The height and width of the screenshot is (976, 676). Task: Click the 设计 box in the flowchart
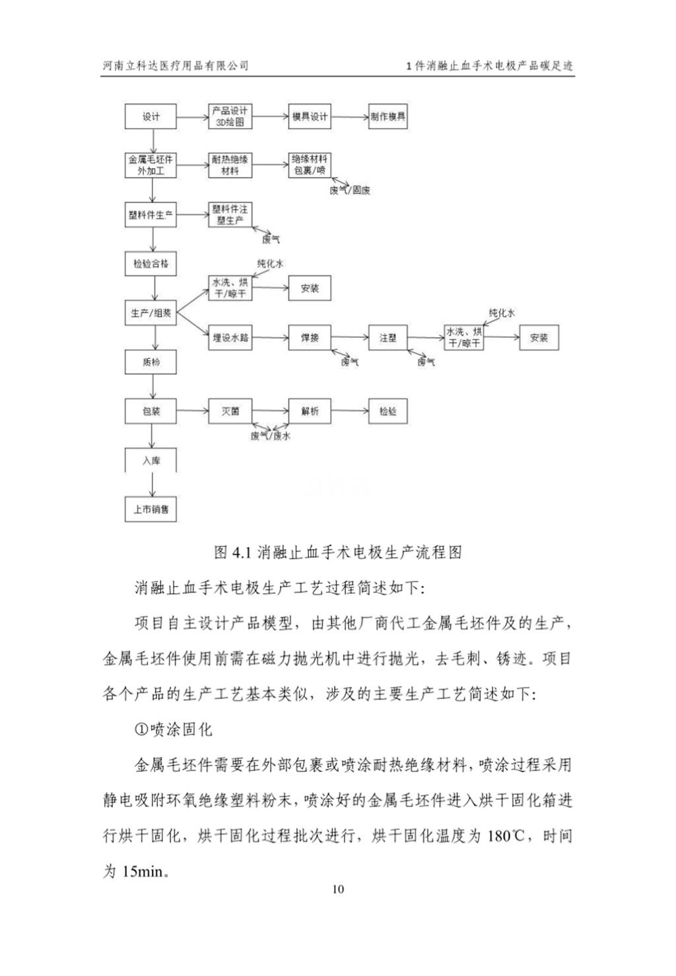point(151,117)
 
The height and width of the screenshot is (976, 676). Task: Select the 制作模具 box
point(388,117)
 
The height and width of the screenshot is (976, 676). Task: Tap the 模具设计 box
point(310,117)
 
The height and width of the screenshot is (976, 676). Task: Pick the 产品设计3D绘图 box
point(230,117)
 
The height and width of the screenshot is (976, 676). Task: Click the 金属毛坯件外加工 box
point(151,166)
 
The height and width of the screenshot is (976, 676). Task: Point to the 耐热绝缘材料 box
point(230,166)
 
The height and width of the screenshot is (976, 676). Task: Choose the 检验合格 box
point(151,264)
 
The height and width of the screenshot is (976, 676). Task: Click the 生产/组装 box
point(151,313)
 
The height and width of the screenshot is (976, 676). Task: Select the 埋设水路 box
point(230,338)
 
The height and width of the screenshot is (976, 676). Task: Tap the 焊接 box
point(310,338)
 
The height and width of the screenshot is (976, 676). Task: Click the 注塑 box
point(388,338)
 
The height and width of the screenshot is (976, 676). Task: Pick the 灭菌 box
point(230,411)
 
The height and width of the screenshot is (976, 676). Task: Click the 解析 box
point(310,411)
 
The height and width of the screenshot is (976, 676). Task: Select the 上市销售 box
point(151,509)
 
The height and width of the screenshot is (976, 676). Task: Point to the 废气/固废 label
point(349,191)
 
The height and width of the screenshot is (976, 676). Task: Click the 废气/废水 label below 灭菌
point(271,436)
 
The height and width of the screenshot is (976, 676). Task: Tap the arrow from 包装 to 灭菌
point(193,411)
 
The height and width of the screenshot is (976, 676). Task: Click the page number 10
point(338,890)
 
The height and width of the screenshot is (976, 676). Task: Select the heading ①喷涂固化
point(173,730)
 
